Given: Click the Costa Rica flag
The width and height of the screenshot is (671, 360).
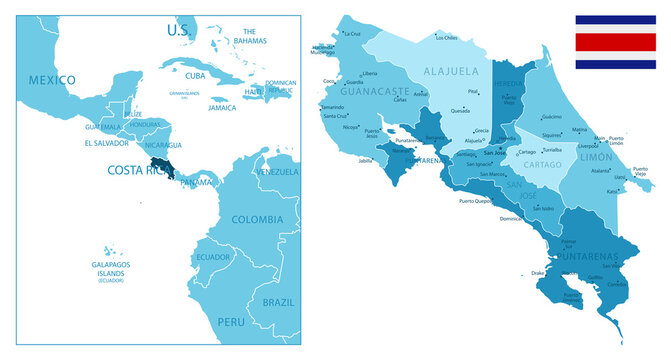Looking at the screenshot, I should point(615,42).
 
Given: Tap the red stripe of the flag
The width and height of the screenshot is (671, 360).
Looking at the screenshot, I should point(615,42).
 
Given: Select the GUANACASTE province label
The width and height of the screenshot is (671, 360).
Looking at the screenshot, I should point(376,90).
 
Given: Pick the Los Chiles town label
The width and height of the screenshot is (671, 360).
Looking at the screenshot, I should point(446,38).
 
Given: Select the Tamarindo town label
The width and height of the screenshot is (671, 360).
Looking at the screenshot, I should point(333,106).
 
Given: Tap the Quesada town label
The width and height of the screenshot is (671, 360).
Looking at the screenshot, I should point(461,110).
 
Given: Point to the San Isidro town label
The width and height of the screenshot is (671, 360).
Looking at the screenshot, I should point(543,208).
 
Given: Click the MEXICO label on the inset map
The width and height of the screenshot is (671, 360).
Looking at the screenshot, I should point(52,79).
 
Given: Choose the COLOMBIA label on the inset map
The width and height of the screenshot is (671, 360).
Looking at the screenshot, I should point(257,219).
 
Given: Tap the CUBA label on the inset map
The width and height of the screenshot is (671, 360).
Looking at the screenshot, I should point(195,76).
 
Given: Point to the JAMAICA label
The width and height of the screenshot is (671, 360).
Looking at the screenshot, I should point(223,108).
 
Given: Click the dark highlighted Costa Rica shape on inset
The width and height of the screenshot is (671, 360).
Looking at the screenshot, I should point(159,166).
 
